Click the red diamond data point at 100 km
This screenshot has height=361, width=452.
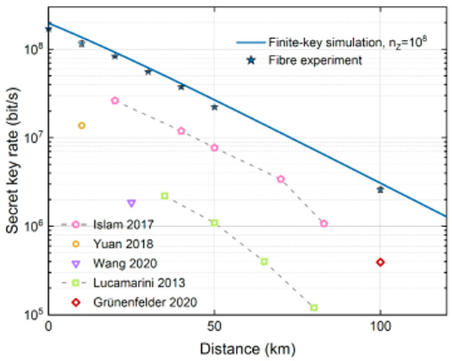(x=380, y=262)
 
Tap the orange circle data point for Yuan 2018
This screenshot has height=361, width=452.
(x=81, y=126)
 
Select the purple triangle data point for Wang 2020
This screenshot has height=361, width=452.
(x=132, y=203)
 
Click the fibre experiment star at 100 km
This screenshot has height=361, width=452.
(x=380, y=190)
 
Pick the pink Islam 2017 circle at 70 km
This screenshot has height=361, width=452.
(x=281, y=179)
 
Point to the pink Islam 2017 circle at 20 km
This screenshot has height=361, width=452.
(x=115, y=100)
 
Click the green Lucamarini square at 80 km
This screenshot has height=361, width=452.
(x=314, y=308)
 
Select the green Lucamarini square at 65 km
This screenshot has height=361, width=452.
(x=264, y=261)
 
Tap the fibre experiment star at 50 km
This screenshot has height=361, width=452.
(x=215, y=107)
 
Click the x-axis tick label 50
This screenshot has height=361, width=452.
(x=215, y=328)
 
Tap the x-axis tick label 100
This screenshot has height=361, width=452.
(x=380, y=328)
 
